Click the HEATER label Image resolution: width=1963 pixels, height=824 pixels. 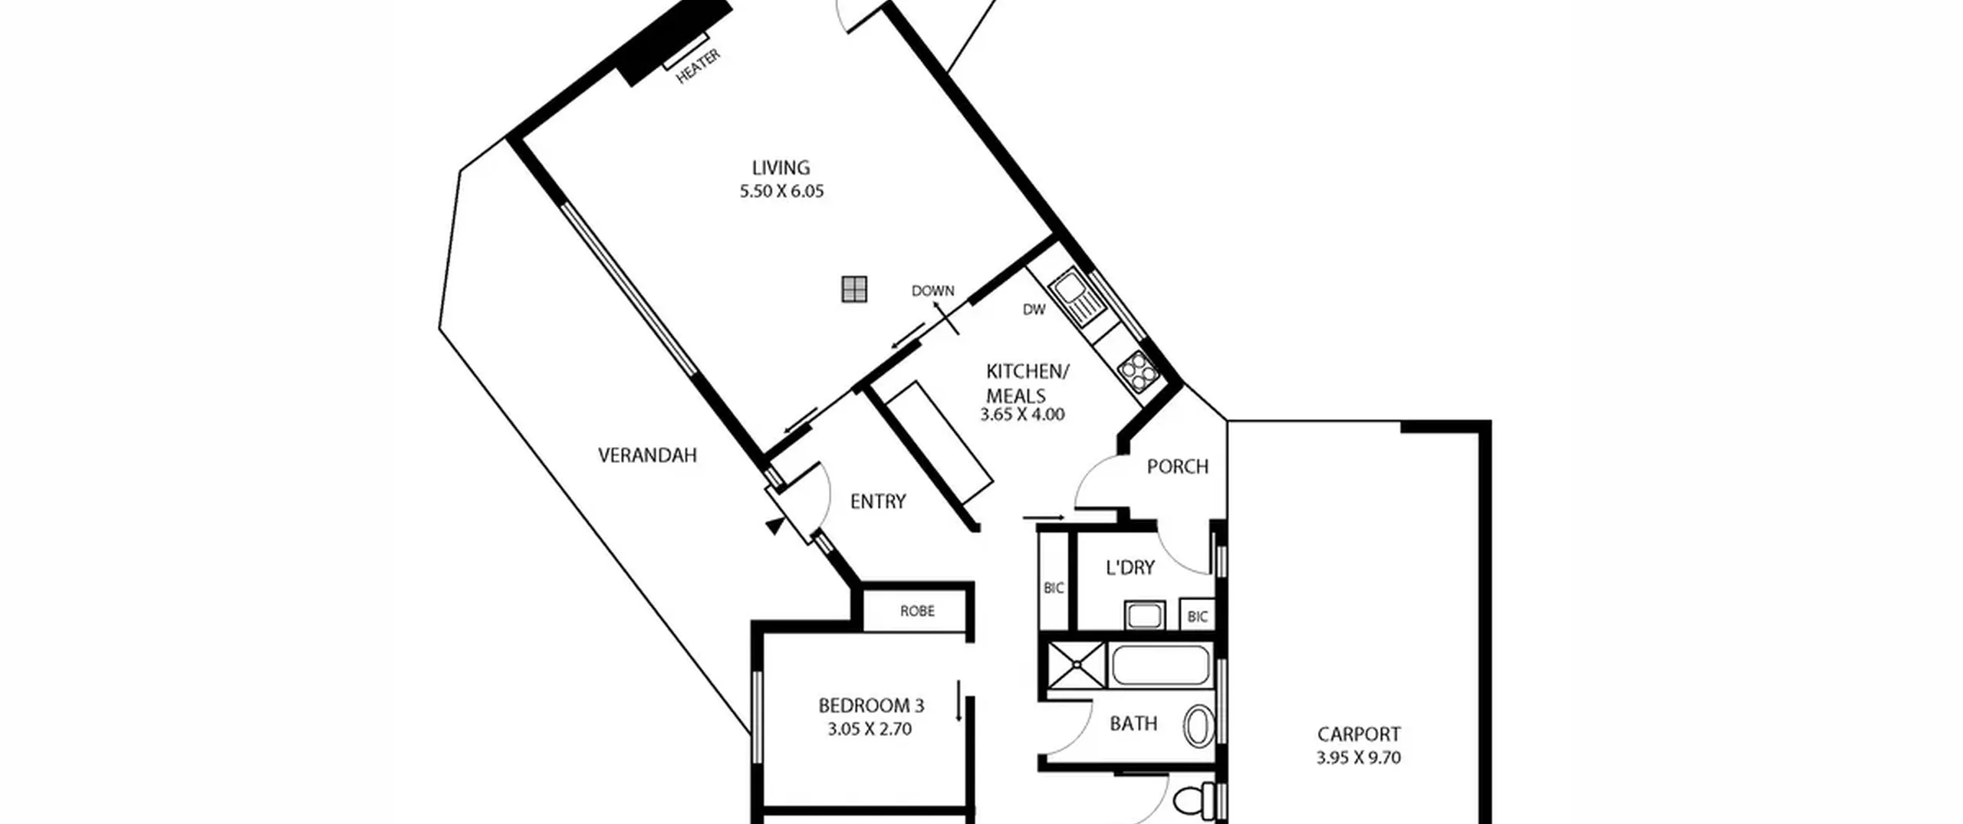[698, 66]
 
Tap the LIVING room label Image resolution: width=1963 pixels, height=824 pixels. [781, 167]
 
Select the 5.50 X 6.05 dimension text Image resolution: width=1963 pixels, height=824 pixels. [781, 191]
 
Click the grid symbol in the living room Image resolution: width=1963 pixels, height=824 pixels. [854, 289]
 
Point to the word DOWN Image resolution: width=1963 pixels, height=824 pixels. [932, 291]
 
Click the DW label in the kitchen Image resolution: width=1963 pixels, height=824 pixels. [1034, 310]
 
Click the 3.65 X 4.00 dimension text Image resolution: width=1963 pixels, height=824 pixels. [1022, 415]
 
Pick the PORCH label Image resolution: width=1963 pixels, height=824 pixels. [1177, 466]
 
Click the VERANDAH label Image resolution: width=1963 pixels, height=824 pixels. [647, 455]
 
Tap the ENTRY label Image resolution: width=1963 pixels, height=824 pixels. [878, 501]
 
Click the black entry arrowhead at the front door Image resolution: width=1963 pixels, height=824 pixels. [775, 526]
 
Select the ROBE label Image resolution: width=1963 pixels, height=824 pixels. [917, 611]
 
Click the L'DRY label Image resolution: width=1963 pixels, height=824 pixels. [1129, 568]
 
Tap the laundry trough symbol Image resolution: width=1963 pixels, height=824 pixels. [1144, 615]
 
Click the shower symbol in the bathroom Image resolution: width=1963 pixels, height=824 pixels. [1076, 665]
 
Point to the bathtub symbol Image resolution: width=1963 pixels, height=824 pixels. [1159, 665]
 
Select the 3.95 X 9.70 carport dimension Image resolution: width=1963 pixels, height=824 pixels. [1358, 758]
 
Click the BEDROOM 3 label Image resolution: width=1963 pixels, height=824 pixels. [870, 705]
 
